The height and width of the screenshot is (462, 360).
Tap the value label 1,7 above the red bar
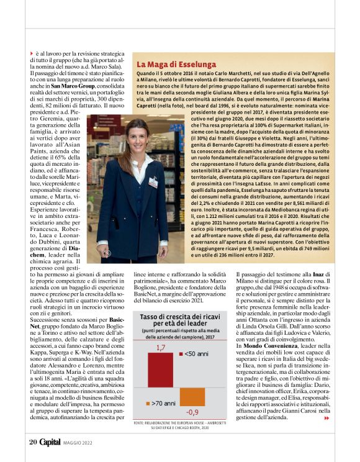pos(160,347)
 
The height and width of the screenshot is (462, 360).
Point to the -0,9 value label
pos(193,412)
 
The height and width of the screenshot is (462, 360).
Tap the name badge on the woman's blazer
pos(153,182)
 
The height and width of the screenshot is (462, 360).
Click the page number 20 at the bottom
pos(33,442)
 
